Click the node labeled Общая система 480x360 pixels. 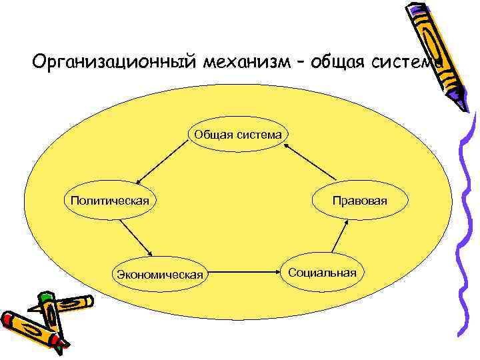pyautogui.click(x=238, y=135)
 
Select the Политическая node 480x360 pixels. pyautogui.click(x=105, y=199)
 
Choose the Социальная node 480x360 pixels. pyautogui.click(x=323, y=272)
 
